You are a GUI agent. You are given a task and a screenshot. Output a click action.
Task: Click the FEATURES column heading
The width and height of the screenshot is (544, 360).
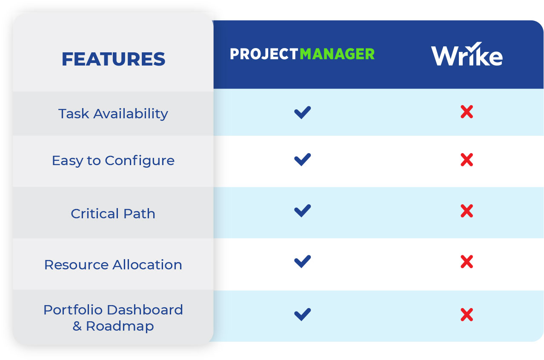coord(113,59)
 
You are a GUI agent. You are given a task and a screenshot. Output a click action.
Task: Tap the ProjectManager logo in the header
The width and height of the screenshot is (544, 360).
coord(302,54)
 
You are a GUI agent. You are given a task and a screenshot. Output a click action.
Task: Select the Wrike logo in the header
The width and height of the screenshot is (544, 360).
coord(467,54)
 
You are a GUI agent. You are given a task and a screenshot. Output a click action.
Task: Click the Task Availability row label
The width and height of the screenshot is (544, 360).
coord(113,114)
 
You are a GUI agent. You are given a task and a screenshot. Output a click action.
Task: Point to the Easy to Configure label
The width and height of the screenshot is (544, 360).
coord(113,161)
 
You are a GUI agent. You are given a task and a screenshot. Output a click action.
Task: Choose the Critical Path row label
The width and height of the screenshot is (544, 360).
coord(113,214)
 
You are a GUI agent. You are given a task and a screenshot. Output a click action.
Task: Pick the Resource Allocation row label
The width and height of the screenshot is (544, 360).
coord(113,265)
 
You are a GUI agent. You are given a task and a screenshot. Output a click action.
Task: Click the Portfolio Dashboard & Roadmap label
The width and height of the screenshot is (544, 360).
coord(113,318)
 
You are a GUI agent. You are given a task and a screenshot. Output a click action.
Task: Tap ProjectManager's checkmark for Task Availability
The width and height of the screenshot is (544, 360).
coord(302,112)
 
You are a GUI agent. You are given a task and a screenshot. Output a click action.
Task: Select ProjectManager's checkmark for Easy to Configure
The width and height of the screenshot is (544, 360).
coord(302,160)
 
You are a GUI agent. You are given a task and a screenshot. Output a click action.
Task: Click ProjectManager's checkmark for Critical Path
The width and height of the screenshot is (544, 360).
coord(302,211)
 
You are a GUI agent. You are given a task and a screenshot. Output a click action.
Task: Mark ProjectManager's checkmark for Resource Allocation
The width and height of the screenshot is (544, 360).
coord(302,261)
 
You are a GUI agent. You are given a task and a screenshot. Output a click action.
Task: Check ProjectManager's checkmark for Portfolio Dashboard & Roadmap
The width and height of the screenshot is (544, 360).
coord(302,314)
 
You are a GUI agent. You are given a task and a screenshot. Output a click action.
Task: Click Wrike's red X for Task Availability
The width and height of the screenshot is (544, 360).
coord(467,112)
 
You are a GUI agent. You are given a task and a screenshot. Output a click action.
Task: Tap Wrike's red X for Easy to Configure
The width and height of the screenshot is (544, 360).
coord(467,160)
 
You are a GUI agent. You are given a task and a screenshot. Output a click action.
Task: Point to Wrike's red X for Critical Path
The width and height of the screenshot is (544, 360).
coord(467,211)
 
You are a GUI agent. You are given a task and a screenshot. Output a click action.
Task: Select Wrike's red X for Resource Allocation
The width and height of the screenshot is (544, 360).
coord(467,262)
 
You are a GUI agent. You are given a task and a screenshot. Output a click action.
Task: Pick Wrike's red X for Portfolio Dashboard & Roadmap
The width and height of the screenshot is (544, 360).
coord(467,314)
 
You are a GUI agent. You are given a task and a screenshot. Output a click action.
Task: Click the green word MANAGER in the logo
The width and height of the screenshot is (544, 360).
coord(337,54)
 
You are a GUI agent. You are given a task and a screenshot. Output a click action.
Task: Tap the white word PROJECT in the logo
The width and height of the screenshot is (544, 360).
coord(264,54)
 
